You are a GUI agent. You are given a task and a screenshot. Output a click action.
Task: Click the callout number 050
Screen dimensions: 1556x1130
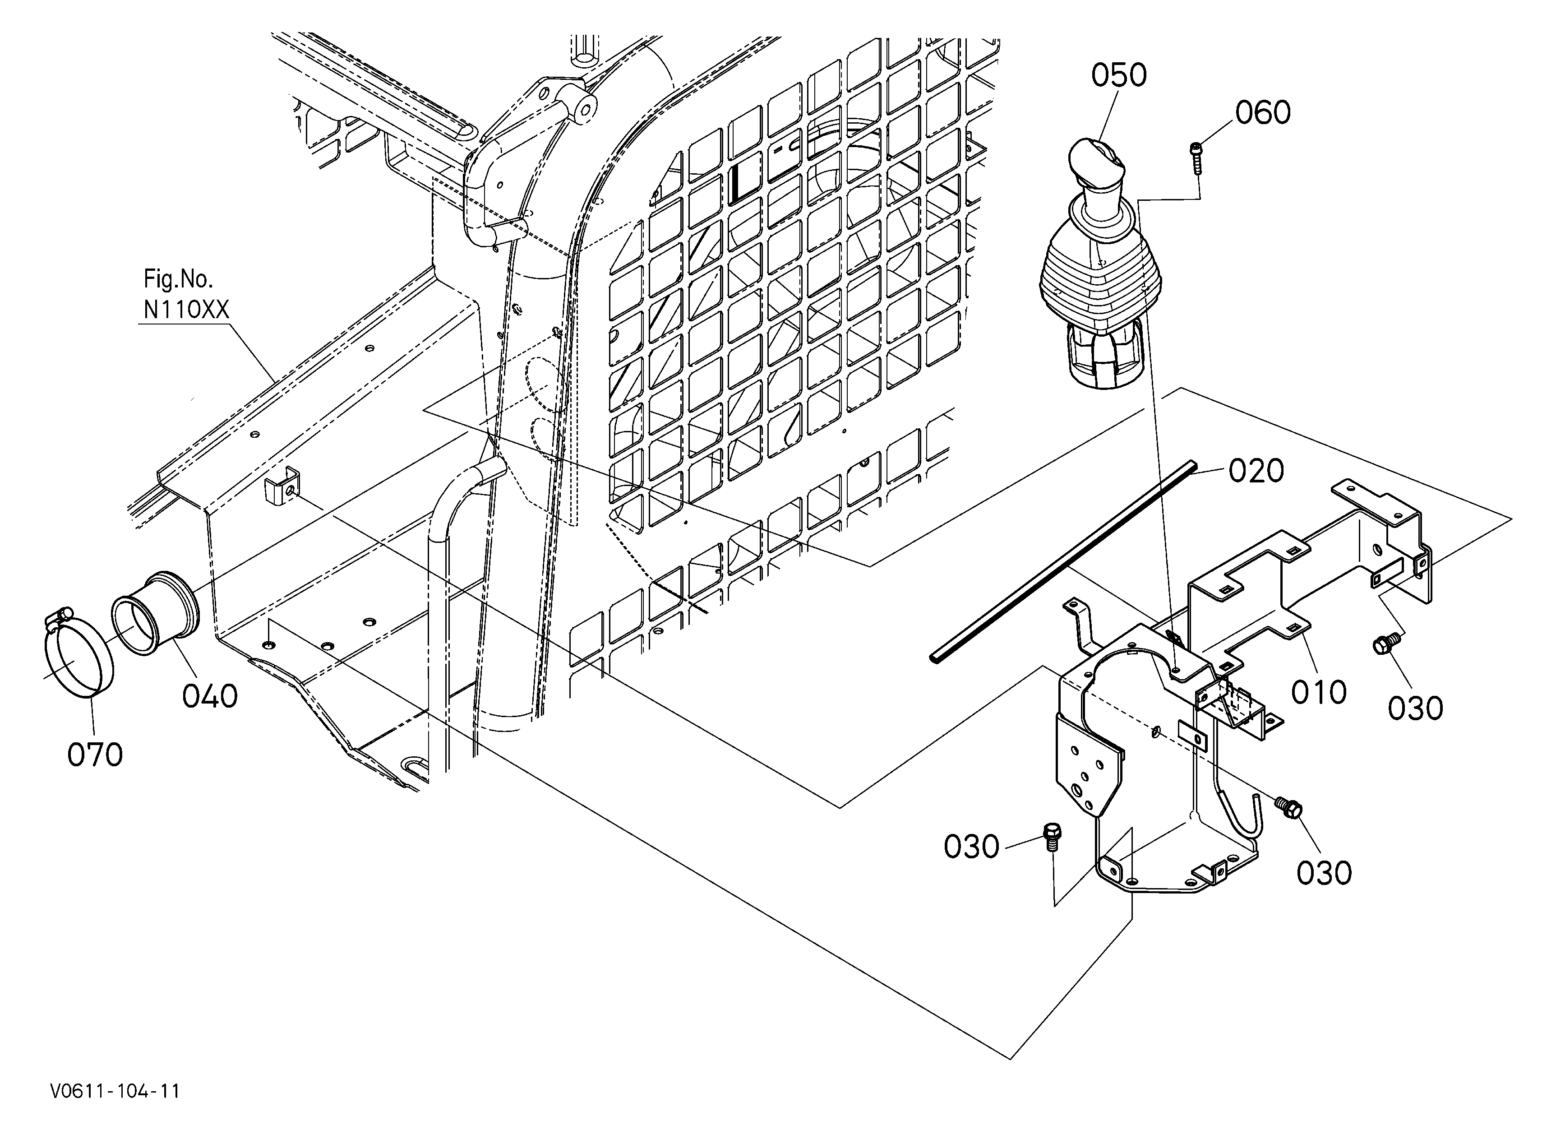(1119, 75)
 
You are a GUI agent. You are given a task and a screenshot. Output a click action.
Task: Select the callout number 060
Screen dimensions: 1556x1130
(1263, 112)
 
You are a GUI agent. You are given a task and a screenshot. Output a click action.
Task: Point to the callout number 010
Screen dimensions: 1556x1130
(1319, 692)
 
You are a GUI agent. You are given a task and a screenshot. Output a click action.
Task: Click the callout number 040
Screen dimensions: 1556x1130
(210, 696)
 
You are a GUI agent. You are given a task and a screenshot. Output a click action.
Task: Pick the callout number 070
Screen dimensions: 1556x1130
(95, 754)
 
